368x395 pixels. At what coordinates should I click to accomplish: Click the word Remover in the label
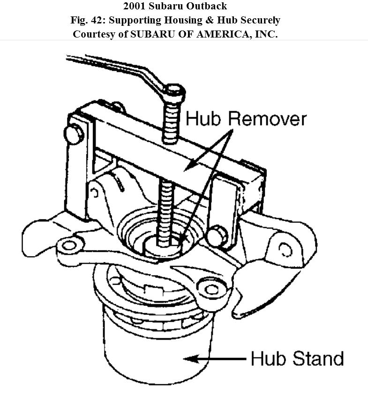(x=267, y=119)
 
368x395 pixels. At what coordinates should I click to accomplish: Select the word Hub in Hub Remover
(x=204, y=119)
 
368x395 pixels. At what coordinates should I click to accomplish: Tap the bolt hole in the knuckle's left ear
(x=69, y=244)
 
